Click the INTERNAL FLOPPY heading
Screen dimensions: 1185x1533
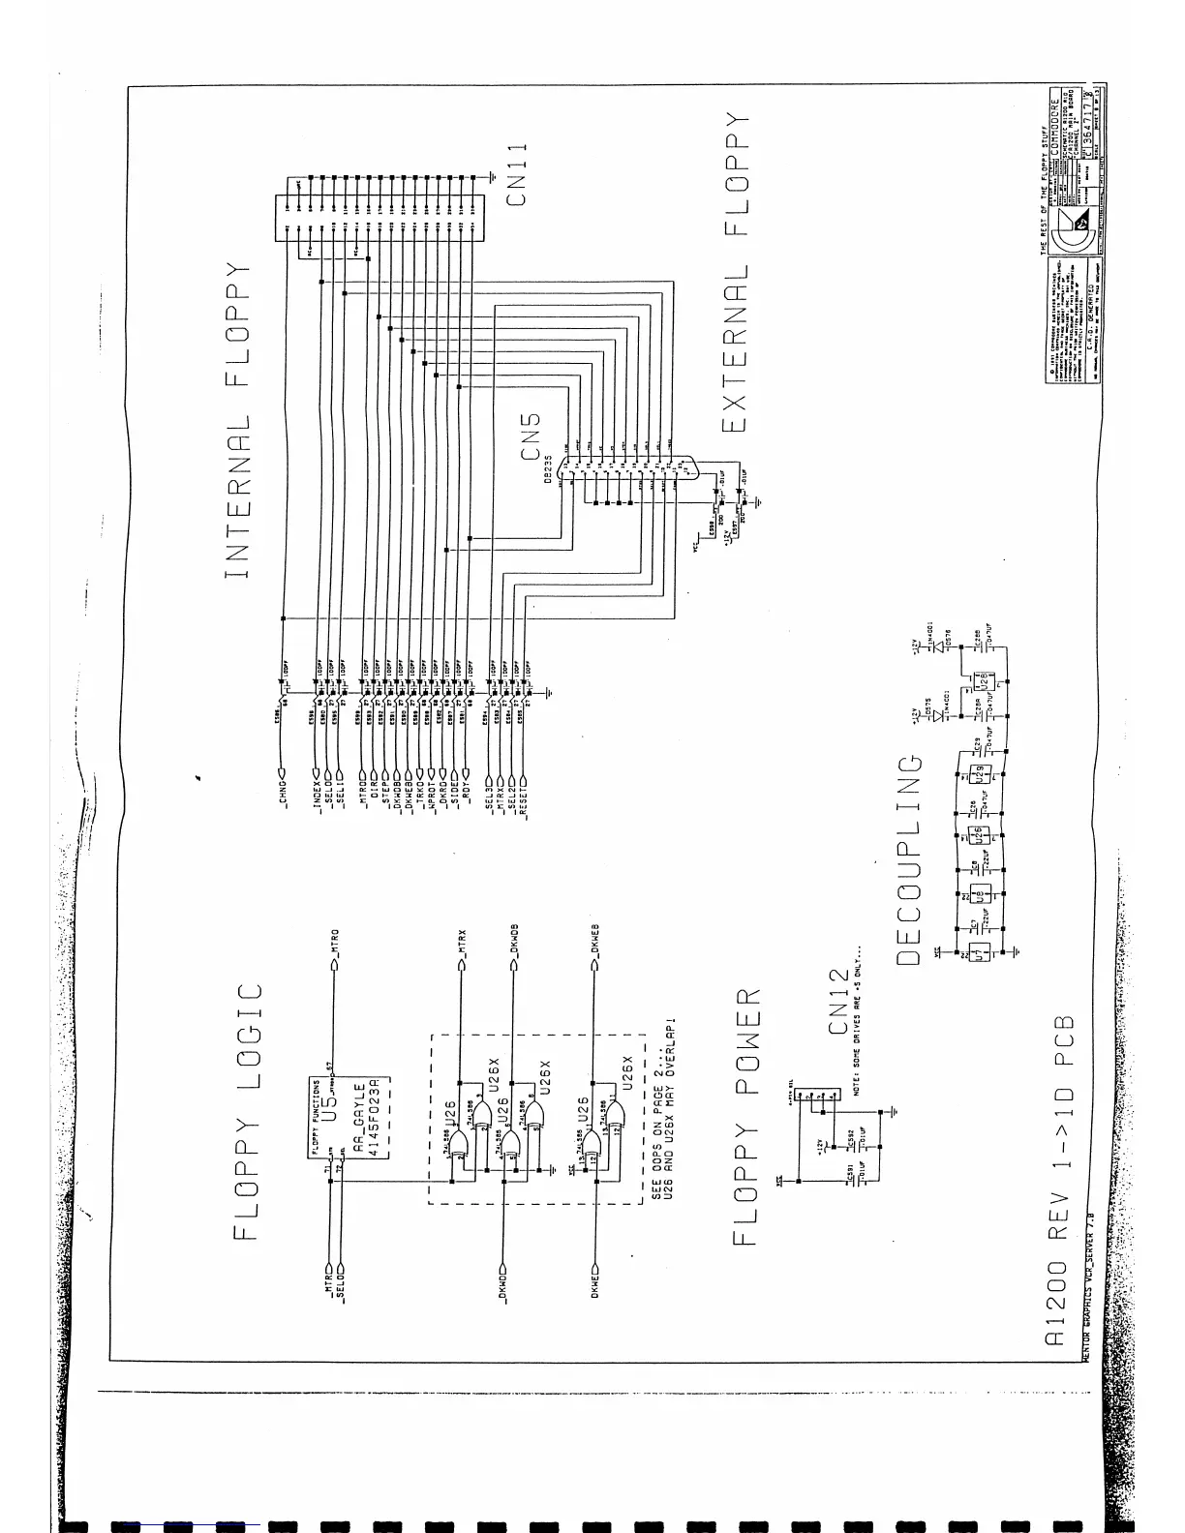(x=237, y=420)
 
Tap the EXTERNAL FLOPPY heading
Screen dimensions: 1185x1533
(x=736, y=270)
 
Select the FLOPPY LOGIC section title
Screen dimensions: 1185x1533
(x=248, y=1112)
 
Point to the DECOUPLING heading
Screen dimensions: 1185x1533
(x=908, y=860)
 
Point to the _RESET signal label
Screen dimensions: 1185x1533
(x=524, y=802)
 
